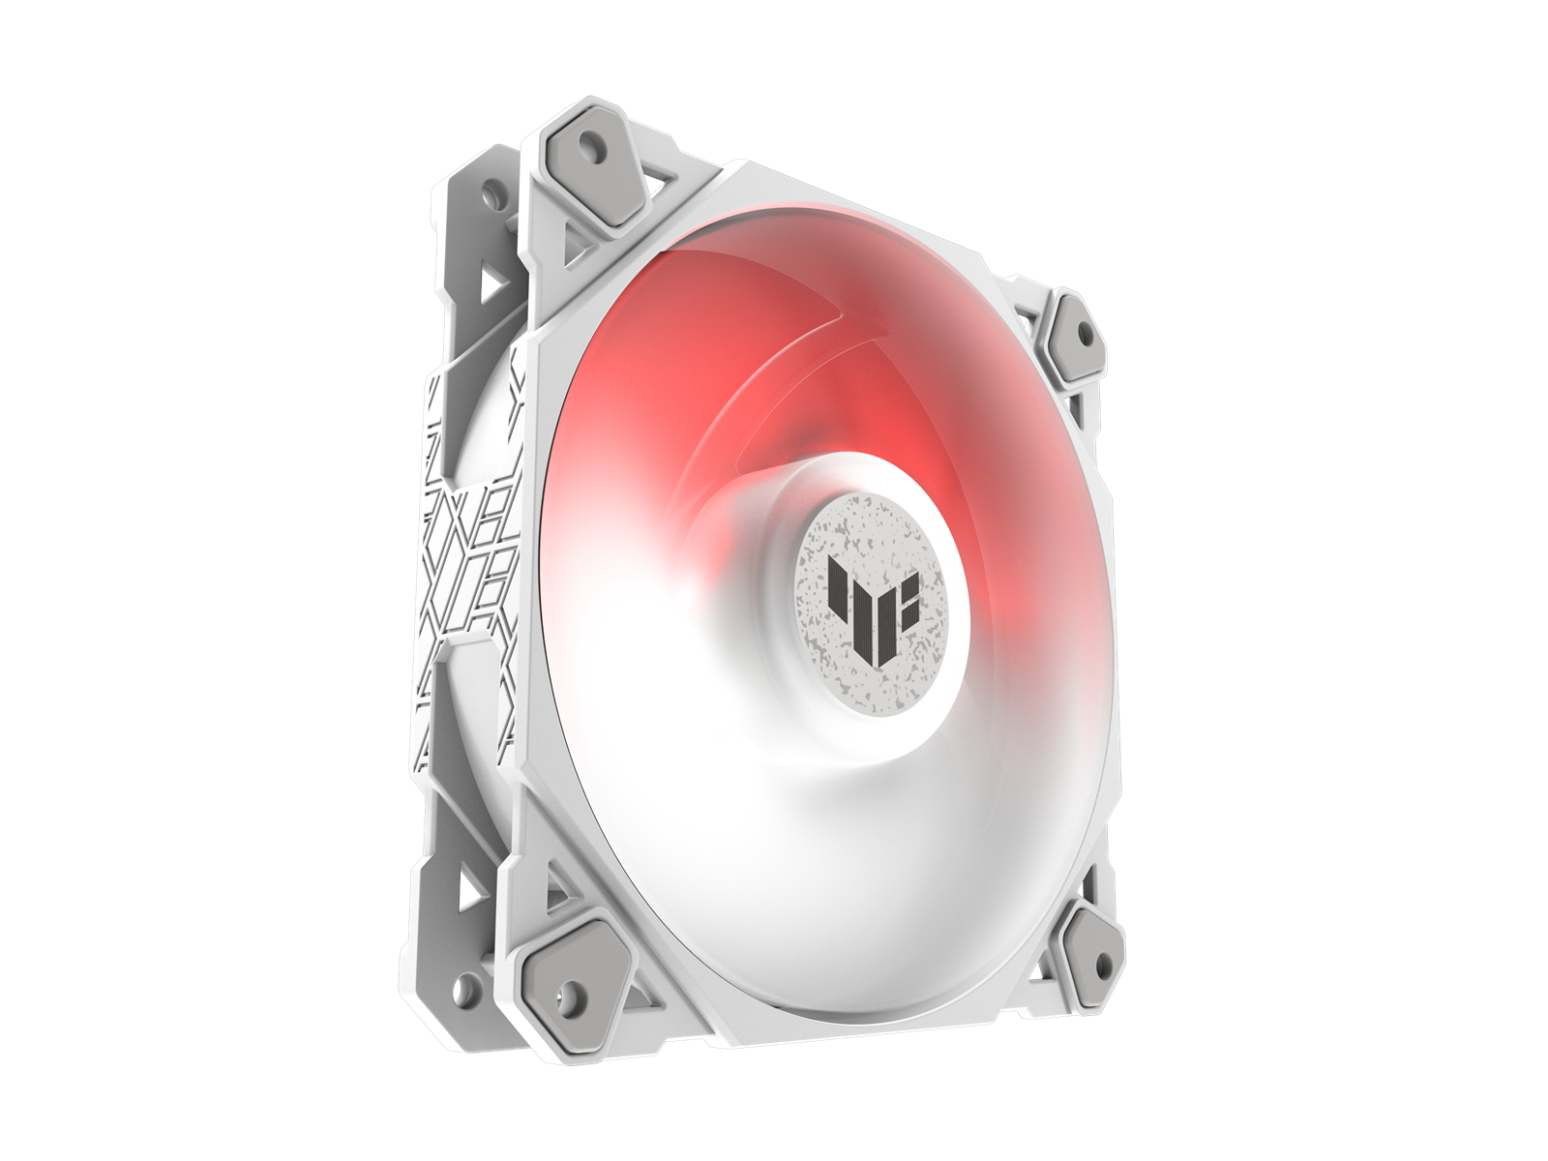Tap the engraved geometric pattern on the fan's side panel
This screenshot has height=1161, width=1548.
[468, 542]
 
